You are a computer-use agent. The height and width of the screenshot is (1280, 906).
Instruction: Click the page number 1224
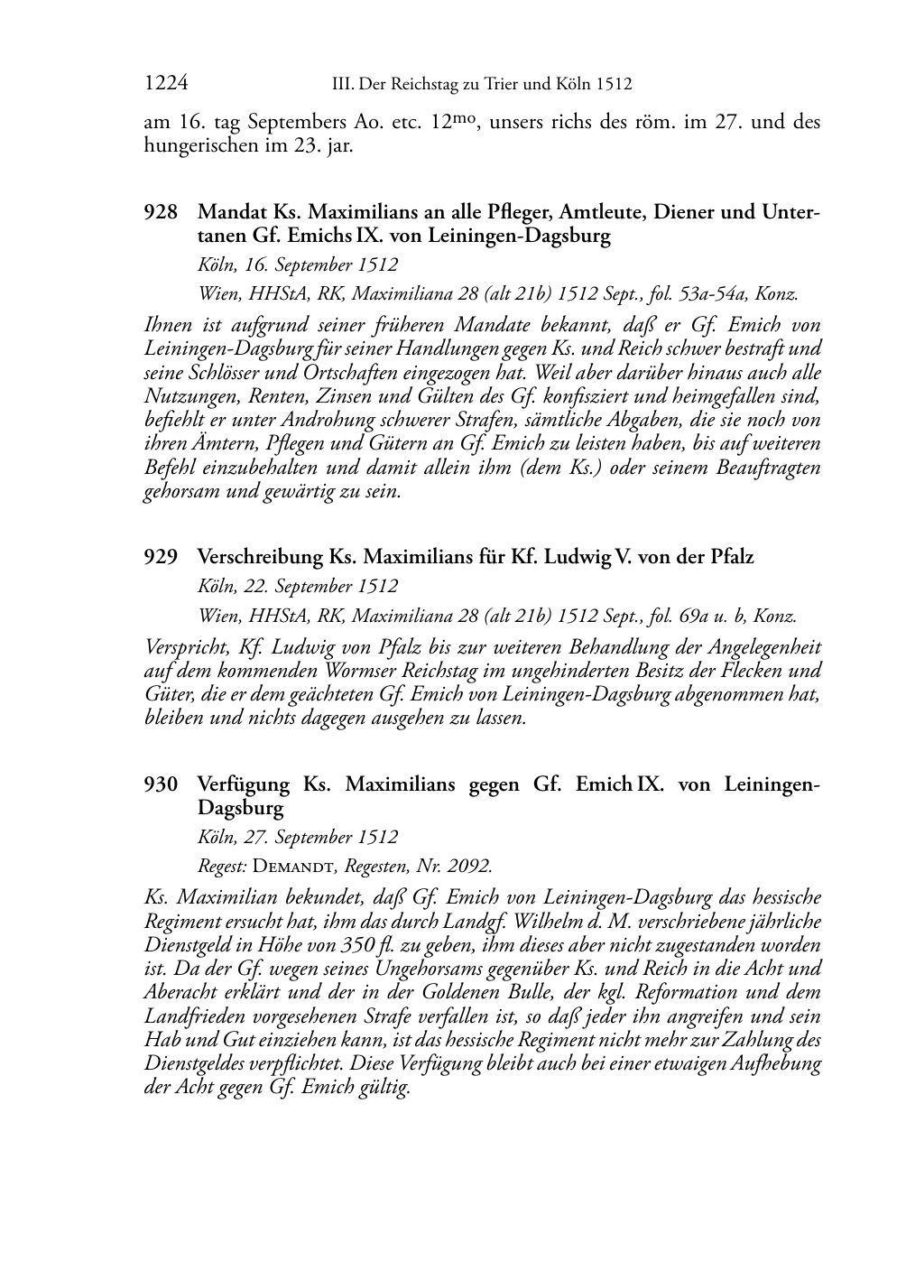click(166, 84)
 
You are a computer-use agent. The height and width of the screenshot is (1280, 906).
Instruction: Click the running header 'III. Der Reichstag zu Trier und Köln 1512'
click(482, 85)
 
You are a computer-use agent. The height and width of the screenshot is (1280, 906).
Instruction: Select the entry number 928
click(161, 213)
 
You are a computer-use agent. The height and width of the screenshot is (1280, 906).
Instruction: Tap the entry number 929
click(161, 557)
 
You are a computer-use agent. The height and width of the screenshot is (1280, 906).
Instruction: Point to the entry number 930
click(161, 784)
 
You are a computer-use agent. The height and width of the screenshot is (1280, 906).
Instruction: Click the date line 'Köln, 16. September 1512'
click(298, 265)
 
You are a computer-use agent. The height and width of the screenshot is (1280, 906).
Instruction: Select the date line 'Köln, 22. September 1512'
click(298, 586)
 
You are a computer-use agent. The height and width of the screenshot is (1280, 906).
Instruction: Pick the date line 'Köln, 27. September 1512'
click(298, 837)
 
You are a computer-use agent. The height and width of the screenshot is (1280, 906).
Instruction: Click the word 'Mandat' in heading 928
click(226, 213)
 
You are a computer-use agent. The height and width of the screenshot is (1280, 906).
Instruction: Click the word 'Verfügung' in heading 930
click(244, 784)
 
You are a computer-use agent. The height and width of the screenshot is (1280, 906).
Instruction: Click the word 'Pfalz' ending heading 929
click(731, 557)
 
